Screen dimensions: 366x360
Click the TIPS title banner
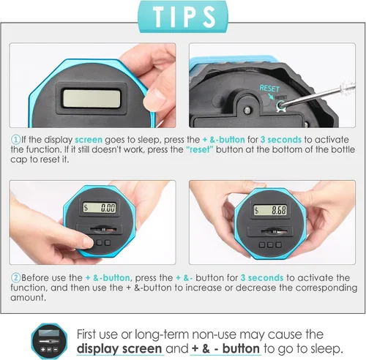click(x=183, y=17)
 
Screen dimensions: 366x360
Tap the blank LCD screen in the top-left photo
click(x=92, y=99)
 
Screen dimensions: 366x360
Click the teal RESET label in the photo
click(x=269, y=88)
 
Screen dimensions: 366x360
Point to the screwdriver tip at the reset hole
click(x=281, y=105)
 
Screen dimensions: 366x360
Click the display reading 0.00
click(x=100, y=208)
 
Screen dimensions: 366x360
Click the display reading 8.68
click(x=270, y=210)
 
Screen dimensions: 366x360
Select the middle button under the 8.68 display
click(x=270, y=244)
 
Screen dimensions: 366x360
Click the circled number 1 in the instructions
click(x=15, y=140)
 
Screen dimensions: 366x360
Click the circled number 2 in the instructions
click(x=15, y=278)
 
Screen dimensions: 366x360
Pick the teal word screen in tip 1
click(x=89, y=140)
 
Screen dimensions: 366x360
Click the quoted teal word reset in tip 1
click(x=200, y=149)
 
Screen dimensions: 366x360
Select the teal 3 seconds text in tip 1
click(x=281, y=140)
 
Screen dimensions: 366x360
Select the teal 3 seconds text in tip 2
click(x=262, y=277)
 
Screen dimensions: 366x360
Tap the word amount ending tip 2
click(x=28, y=298)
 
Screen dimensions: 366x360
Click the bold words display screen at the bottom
click(x=119, y=349)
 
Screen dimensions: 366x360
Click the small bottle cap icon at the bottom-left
click(x=49, y=341)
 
